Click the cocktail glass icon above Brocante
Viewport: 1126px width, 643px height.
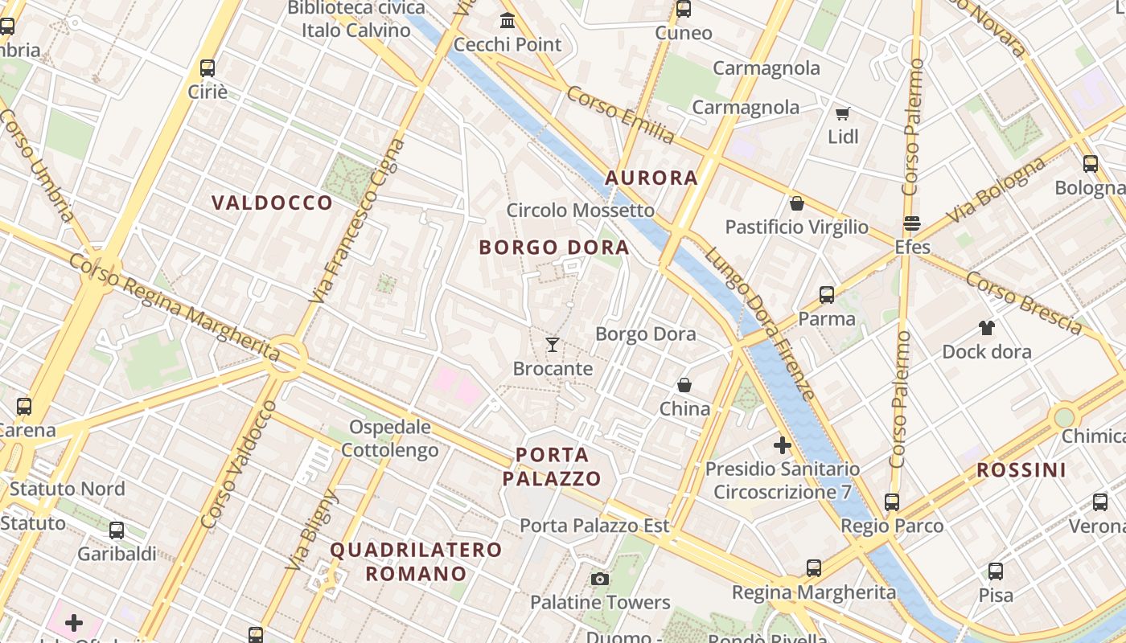coord(552,345)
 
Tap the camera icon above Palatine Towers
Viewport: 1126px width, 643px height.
coord(599,579)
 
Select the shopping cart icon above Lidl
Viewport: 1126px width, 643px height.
coord(842,113)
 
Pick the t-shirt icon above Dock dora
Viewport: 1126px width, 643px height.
coord(986,327)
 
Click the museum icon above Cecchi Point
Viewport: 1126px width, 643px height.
coord(508,20)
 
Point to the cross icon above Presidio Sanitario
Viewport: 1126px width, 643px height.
coord(782,444)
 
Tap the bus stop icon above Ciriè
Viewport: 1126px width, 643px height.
coord(208,68)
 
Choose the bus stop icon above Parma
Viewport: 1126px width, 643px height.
coord(826,295)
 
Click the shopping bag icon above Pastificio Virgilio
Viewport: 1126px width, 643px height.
coord(796,203)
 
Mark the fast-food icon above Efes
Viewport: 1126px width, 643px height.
coord(912,223)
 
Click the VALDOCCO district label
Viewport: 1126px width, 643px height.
coord(272,203)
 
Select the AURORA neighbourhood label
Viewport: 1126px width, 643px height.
coord(651,178)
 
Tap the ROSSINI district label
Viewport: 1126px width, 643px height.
coord(1021,470)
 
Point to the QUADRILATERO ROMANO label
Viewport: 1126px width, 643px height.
coord(416,562)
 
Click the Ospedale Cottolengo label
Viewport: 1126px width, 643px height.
coord(390,438)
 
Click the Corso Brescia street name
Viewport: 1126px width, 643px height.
coord(1023,302)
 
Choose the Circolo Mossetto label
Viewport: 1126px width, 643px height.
coord(580,211)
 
